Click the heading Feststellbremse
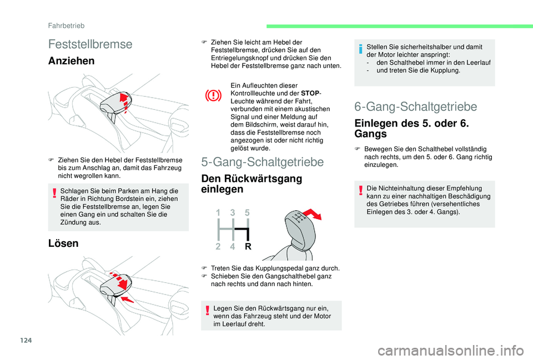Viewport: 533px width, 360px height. point(90,44)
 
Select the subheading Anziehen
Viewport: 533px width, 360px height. point(72,61)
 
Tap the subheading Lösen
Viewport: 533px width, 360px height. point(63,243)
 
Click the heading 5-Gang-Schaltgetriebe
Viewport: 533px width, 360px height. point(263,162)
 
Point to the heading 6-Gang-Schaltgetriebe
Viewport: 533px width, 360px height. point(416,107)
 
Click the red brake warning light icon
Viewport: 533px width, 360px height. point(213,95)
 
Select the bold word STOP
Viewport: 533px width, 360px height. point(310,93)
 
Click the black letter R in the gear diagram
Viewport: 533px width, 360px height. point(248,247)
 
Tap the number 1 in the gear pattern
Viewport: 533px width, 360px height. point(218,212)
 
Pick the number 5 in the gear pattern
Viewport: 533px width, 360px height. point(247,212)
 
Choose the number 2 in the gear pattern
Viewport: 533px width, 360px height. point(218,247)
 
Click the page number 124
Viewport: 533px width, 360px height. point(26,340)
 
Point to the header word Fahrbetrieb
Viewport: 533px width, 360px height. point(66,26)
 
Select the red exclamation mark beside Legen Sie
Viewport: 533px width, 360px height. point(207,311)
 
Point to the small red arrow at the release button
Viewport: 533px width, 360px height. point(128,299)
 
